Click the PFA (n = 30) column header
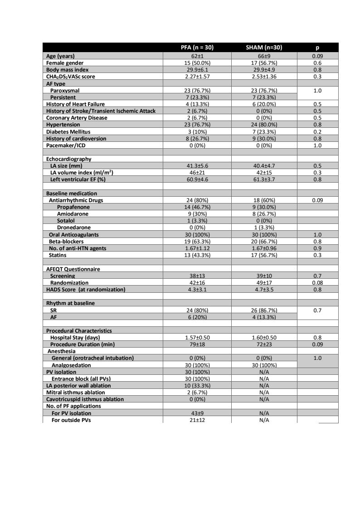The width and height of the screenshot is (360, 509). pos(197,48)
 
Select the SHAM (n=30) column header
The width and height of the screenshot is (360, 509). pos(264,48)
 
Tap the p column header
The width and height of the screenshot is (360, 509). pos(317,48)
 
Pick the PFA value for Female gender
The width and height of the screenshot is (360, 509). pos(197,63)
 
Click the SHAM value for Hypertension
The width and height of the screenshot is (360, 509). pos(264,125)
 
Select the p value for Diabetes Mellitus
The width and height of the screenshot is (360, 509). pos(317,131)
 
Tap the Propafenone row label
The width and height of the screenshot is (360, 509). pos(73,207)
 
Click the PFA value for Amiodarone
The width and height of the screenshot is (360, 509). pos(197,213)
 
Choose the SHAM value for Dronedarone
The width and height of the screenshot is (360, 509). pos(264,228)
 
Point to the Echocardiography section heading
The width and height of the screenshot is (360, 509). pos(68,159)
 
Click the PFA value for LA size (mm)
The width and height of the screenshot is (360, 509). pos(197,166)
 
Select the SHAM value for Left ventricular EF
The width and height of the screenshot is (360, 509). pos(264,179)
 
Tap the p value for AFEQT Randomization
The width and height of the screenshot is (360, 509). pos(317,282)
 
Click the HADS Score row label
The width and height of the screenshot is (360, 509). pos(86,289)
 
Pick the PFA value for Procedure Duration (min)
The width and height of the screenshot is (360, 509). pos(197,344)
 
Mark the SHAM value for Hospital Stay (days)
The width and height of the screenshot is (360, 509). pos(264,338)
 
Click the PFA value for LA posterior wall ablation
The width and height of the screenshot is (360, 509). pos(197,386)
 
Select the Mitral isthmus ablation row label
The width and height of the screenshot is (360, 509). pos(76,393)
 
